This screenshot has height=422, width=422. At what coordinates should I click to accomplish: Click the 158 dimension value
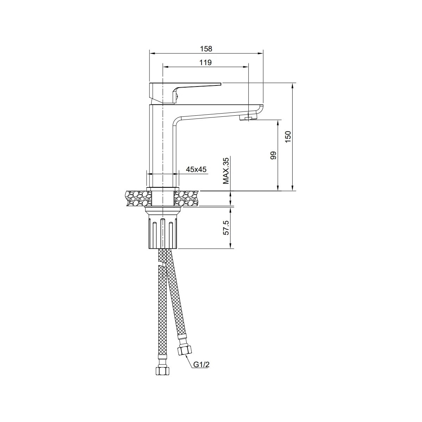(206, 49)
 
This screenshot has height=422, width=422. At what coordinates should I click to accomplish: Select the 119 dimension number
(205, 63)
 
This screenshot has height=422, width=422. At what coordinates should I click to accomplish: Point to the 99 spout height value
(274, 155)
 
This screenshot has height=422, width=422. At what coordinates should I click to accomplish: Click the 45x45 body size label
(196, 169)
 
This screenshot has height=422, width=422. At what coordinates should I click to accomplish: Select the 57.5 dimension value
(226, 228)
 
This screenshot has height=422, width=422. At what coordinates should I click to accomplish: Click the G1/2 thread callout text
(202, 365)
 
